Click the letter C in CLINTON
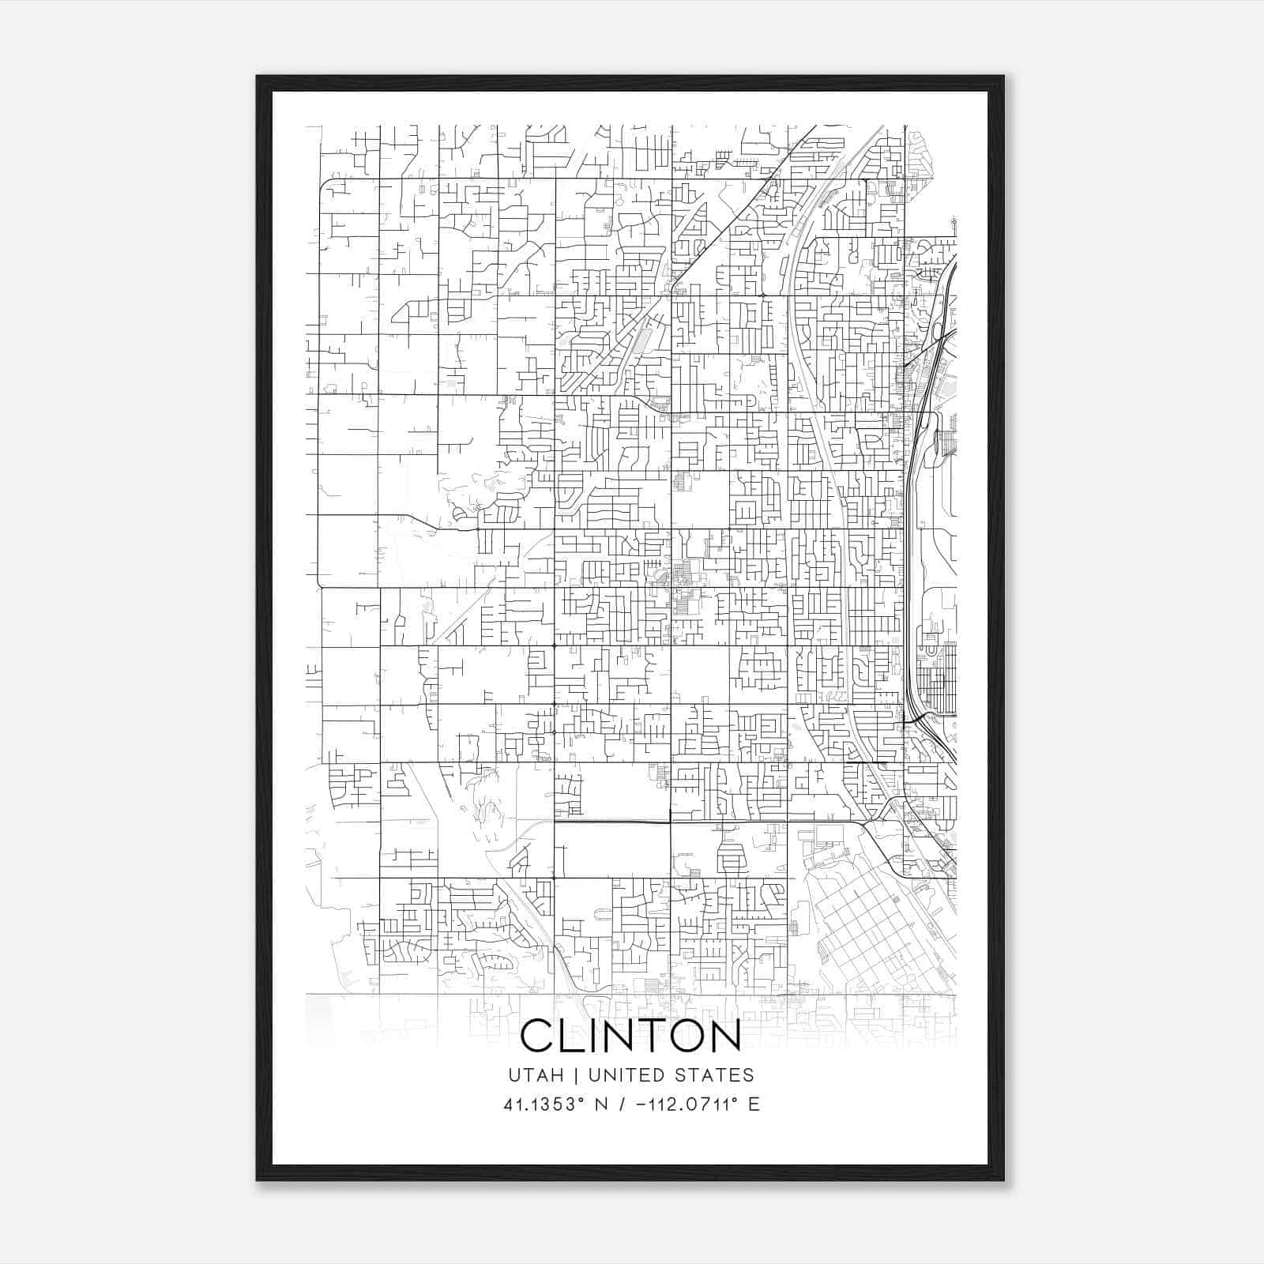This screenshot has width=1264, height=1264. (x=538, y=1035)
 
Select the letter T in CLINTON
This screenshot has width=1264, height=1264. (x=652, y=1035)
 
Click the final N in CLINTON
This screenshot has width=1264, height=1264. (x=724, y=1035)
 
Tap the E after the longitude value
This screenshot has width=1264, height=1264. (x=754, y=1104)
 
